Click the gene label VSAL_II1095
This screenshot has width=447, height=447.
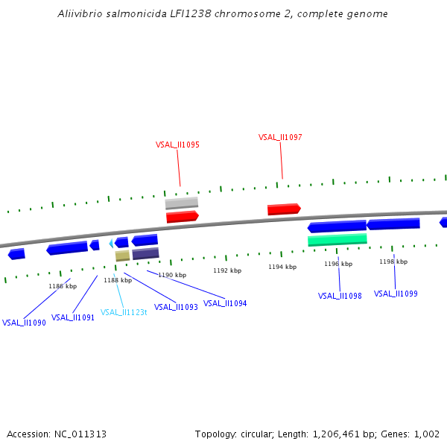coord(177,145)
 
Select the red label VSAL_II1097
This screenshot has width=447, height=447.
coord(280,137)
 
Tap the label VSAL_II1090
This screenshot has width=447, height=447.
coord(24,323)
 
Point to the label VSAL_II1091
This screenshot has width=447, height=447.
coord(73,317)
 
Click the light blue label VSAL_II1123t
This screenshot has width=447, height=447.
coord(124,312)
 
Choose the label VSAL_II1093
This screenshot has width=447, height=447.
coord(176,307)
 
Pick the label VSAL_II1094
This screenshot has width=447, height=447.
coord(225,303)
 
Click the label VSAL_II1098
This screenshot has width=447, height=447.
coord(340,296)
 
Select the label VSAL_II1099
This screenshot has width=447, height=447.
coord(396,294)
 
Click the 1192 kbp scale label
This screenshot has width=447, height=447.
coord(227,271)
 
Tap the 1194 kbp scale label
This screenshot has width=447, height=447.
coord(282,267)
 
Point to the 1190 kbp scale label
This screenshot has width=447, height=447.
coord(172,275)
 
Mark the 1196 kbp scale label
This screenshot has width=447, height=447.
coord(337,264)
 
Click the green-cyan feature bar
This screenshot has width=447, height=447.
coord(337,240)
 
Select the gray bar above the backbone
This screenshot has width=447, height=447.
coord(181,203)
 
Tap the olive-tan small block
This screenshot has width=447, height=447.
coord(122,256)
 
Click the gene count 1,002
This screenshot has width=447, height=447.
coord(426,434)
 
